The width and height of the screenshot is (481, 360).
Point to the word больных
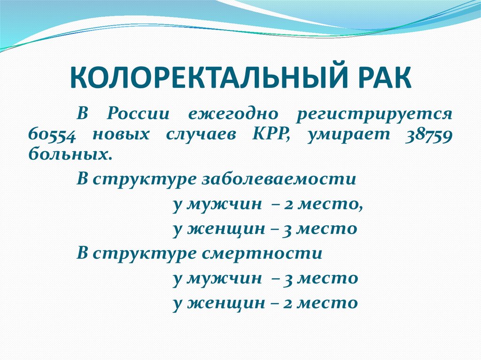pos(70,154)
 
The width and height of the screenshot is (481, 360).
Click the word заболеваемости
pos(279,180)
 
